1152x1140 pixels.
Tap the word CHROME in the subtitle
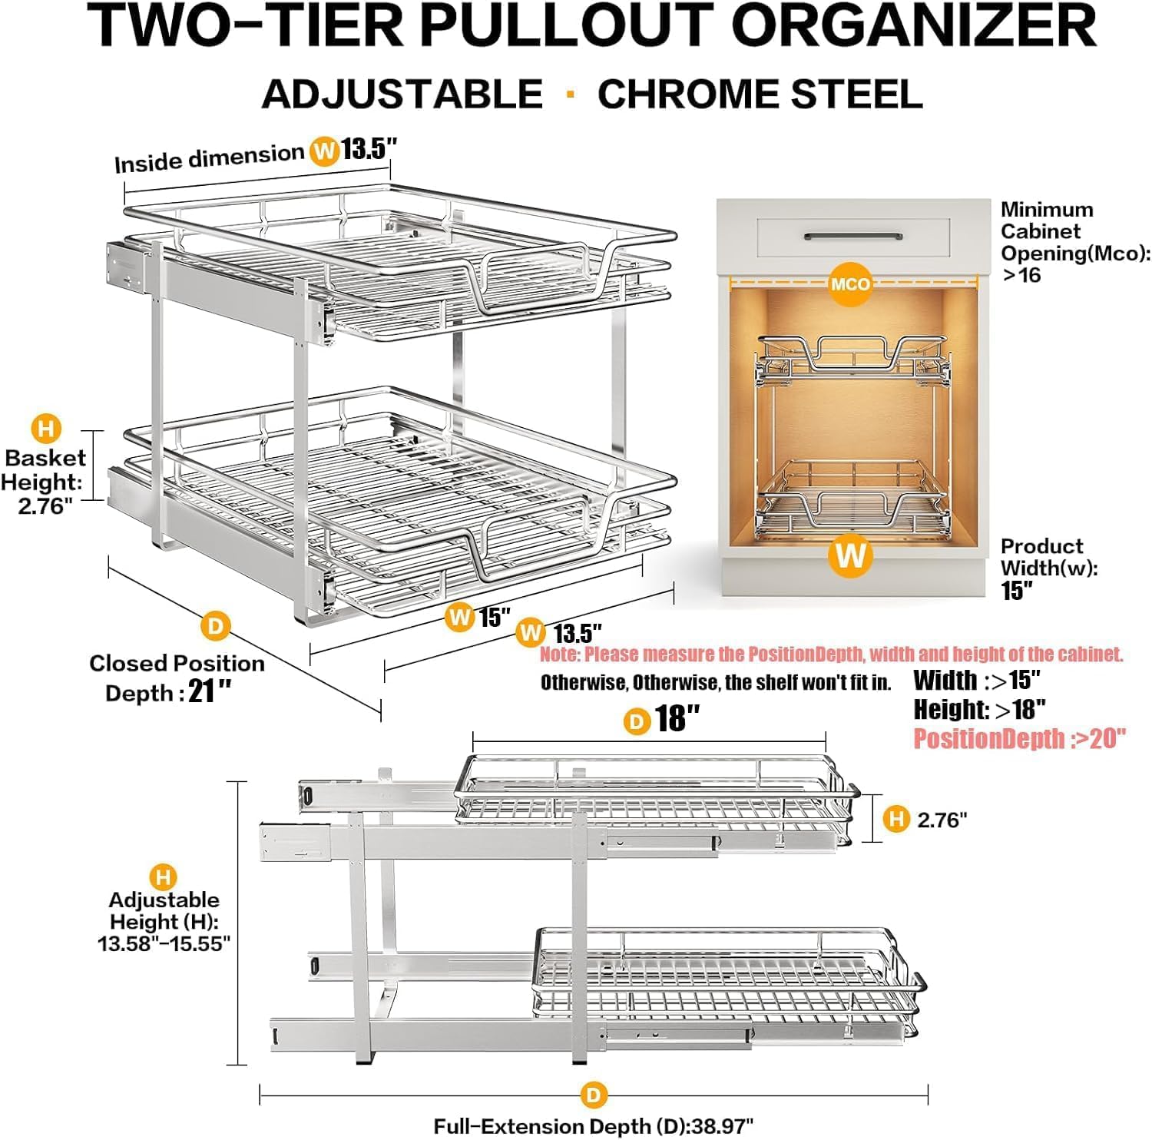click(687, 94)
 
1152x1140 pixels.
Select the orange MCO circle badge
click(850, 283)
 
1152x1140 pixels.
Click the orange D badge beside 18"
click(636, 721)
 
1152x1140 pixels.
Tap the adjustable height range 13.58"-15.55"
click(164, 943)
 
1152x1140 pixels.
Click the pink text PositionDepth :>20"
click(1019, 738)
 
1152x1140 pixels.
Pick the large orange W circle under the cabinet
click(851, 555)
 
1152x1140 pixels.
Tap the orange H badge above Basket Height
click(46, 428)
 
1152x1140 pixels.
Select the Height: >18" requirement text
click(979, 709)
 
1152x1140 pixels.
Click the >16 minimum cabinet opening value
click(1021, 275)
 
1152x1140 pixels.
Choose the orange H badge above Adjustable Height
click(163, 877)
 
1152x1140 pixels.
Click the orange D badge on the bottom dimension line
click(593, 1095)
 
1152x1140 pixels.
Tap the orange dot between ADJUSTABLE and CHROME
click(570, 94)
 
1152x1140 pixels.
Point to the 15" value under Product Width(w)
click(1016, 590)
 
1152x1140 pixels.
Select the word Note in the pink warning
click(558, 655)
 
